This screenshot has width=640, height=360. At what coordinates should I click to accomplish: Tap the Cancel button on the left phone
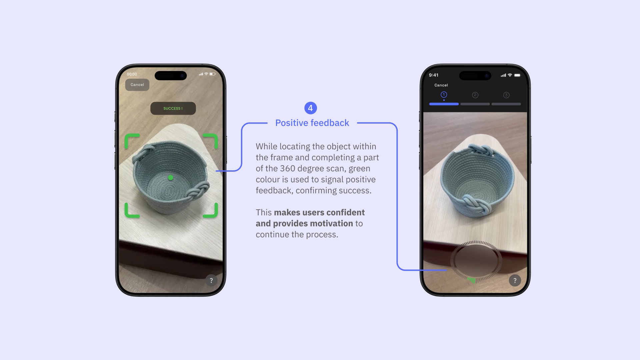coord(137,85)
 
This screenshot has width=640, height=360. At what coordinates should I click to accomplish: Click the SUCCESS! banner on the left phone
coord(173,108)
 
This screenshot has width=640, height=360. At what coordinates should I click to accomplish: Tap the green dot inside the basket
coord(171,178)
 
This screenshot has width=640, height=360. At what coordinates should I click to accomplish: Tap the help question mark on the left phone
coord(211,281)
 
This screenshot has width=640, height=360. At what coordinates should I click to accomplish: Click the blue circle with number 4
coord(311,108)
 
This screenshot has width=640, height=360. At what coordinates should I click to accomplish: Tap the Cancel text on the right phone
coord(441,85)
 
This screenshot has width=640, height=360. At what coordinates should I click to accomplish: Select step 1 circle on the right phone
coord(444,95)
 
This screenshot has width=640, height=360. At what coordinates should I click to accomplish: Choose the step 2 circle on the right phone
coord(475,95)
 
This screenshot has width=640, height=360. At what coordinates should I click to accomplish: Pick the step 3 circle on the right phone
coord(506,95)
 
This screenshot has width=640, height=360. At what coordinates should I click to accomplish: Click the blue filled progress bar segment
coord(444,104)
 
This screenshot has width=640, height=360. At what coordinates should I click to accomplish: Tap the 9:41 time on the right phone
coord(434,75)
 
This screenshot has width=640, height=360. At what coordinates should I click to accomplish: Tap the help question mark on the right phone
coord(515,281)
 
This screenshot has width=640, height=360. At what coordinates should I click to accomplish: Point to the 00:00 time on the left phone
coord(132,74)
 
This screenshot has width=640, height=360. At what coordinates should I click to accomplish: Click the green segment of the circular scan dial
coord(471,280)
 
